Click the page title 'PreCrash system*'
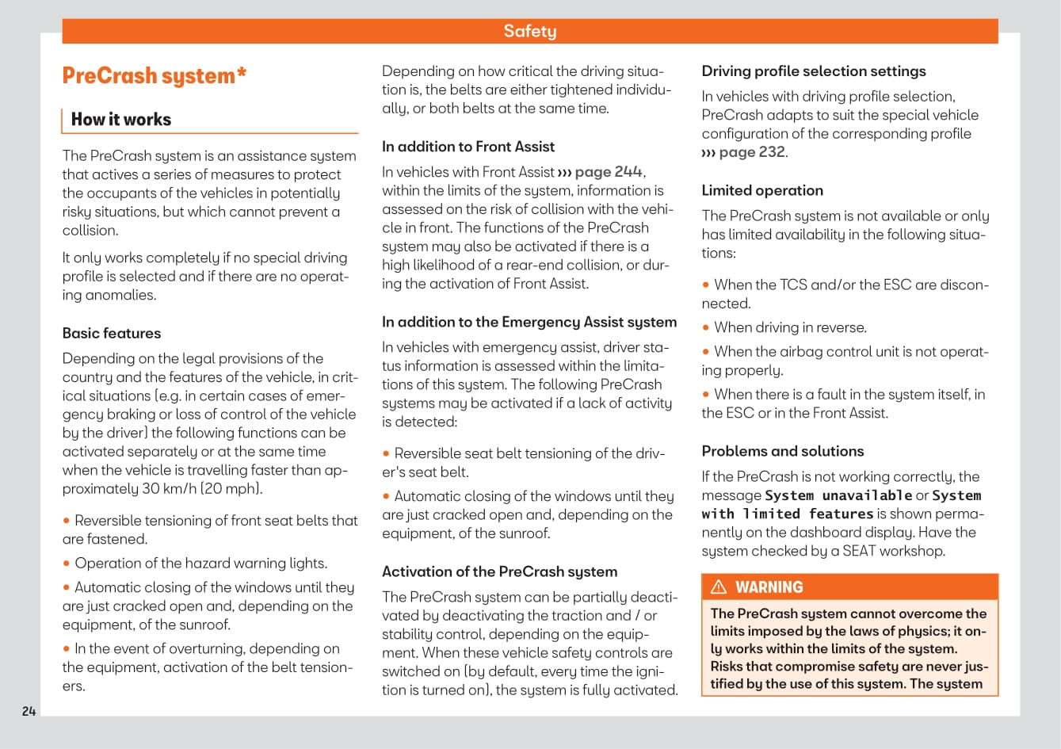click(155, 76)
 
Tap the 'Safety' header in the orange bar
click(529, 31)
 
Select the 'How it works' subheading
click(121, 120)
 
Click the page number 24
click(29, 711)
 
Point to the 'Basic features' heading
click(112, 334)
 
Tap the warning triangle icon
click(719, 587)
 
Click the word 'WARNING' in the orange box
click(769, 587)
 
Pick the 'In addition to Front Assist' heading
click(468, 147)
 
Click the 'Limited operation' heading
click(762, 190)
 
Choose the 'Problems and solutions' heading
click(783, 451)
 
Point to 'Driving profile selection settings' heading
click(814, 71)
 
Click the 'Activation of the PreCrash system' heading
click(499, 571)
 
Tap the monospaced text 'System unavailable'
click(838, 495)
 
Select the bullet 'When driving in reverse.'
click(790, 327)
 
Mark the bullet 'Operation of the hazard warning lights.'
click(200, 564)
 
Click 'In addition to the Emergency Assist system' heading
click(529, 322)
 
